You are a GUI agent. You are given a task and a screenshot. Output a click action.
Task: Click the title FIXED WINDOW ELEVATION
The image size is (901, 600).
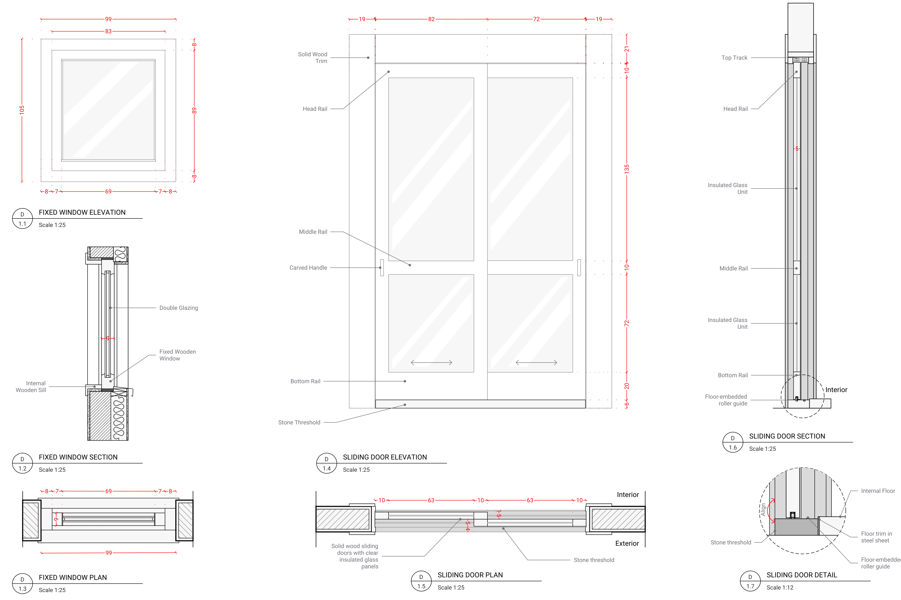point(82,212)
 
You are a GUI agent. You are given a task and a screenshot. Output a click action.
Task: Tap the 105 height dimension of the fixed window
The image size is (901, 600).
point(22,110)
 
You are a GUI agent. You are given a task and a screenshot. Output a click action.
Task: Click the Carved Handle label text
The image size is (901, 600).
point(308,268)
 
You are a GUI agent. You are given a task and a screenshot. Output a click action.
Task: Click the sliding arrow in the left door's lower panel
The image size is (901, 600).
point(431,362)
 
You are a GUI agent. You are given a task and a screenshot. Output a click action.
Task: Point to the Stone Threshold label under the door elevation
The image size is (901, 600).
point(299,422)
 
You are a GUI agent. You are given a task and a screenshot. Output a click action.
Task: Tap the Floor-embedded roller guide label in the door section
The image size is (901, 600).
point(726,400)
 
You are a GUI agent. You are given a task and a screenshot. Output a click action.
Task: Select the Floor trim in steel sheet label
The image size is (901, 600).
point(876,537)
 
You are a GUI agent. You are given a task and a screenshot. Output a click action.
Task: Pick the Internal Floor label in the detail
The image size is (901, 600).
point(878,491)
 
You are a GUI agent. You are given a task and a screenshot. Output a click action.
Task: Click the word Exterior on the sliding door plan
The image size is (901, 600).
point(627,543)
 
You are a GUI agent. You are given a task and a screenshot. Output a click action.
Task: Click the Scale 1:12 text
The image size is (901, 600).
point(780,587)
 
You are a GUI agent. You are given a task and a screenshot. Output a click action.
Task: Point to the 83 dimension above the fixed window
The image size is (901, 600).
point(108,31)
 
